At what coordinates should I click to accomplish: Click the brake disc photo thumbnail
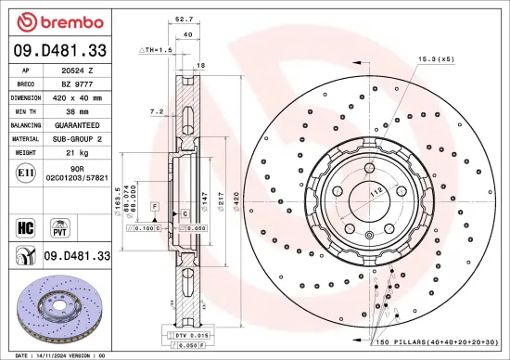(57, 305)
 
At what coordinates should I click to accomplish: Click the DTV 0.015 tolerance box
(186, 334)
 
